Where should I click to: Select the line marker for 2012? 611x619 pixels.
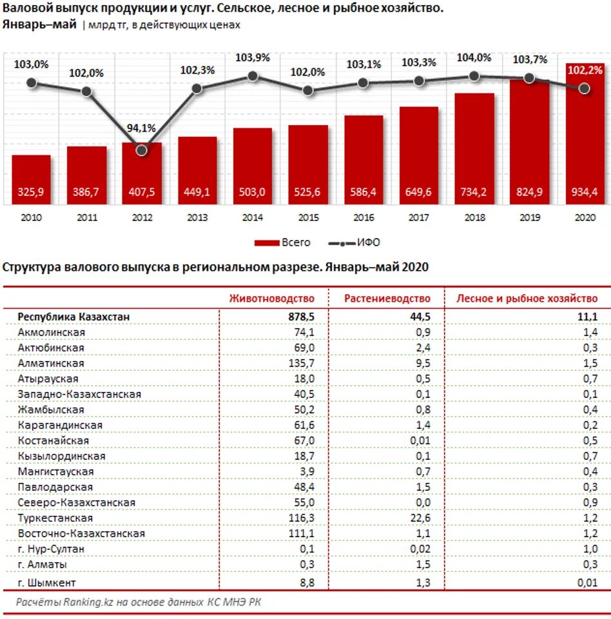pyautogui.click(x=142, y=150)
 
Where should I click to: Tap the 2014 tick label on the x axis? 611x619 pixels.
pyautogui.click(x=252, y=218)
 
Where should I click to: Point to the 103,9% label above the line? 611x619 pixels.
pyautogui.click(x=253, y=57)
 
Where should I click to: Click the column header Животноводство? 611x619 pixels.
pyautogui.click(x=273, y=299)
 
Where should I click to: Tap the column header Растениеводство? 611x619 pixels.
pyautogui.click(x=387, y=299)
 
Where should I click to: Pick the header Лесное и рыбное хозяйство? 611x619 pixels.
pyautogui.click(x=527, y=299)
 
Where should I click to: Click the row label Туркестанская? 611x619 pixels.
pyautogui.click(x=55, y=518)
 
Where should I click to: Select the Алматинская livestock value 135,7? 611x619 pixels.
pyautogui.click(x=302, y=363)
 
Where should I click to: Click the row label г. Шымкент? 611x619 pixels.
pyautogui.click(x=47, y=582)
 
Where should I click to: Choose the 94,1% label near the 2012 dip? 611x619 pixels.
pyautogui.click(x=141, y=128)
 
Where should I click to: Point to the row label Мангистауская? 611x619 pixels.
pyautogui.click(x=56, y=471)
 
